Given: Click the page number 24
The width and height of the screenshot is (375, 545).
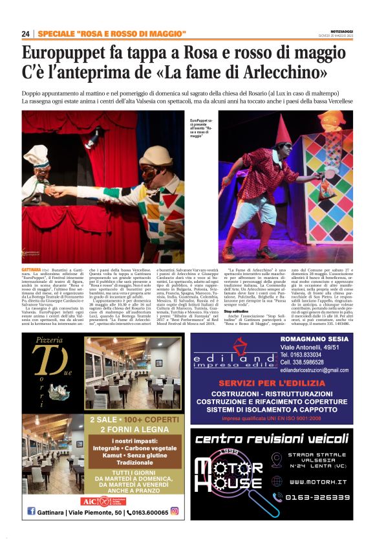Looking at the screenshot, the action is [x=25, y=34].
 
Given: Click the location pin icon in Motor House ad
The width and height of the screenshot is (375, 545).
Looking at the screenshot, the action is [x=277, y=460].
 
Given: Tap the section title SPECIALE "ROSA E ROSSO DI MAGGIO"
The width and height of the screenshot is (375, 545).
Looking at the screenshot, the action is [x=112, y=34].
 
